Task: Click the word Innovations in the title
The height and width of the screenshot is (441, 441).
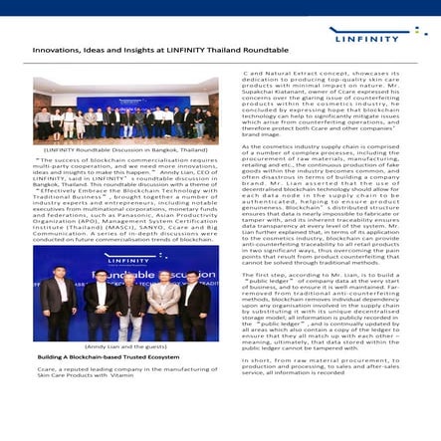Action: click(x=56, y=48)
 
